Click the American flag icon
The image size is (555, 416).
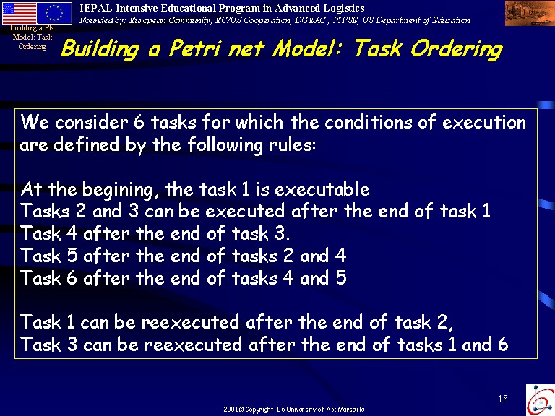click(x=19, y=13)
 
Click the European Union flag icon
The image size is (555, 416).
click(x=54, y=13)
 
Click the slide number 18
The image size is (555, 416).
click(x=503, y=399)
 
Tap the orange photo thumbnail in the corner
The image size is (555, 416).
click(x=530, y=13)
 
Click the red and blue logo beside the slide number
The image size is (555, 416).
click(x=540, y=399)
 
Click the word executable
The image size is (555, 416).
click(x=322, y=189)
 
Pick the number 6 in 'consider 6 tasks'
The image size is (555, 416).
click(x=139, y=122)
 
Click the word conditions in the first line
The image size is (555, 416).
click(x=368, y=122)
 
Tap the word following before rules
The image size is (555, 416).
click(x=225, y=145)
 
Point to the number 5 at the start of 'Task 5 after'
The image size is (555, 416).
click(x=72, y=256)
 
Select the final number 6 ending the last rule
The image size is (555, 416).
click(x=503, y=344)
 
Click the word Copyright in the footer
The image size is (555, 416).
click(x=259, y=409)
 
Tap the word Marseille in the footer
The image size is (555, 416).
click(x=351, y=409)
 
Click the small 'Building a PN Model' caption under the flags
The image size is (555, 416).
click(x=33, y=37)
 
